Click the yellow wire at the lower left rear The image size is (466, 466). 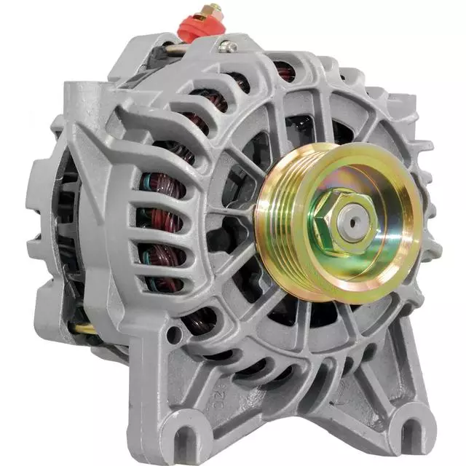point(84,328)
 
